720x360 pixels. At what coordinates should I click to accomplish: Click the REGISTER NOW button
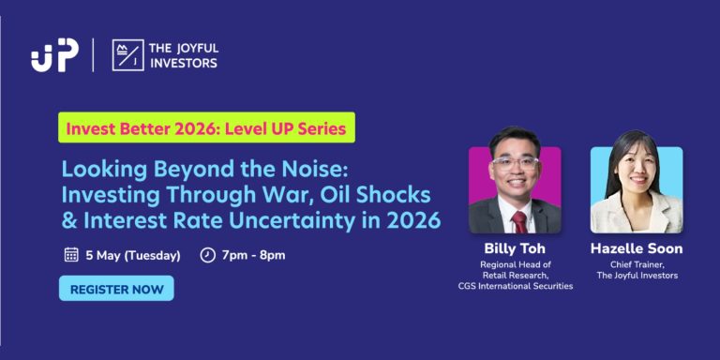(x=116, y=289)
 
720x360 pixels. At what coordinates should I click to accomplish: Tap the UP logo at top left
(x=53, y=55)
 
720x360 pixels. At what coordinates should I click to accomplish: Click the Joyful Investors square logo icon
(x=127, y=55)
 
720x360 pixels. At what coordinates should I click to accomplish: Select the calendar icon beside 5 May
(x=71, y=255)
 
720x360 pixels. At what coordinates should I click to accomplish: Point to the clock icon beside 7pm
(x=208, y=255)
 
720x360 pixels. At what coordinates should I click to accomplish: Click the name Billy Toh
(x=514, y=248)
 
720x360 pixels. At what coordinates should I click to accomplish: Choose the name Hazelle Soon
(x=637, y=248)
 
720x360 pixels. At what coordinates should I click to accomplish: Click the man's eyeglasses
(x=516, y=162)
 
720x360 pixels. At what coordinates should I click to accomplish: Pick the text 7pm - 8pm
(x=254, y=255)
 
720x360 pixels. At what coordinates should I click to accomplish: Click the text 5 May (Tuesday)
(x=130, y=255)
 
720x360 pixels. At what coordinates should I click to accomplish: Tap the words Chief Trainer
(x=637, y=264)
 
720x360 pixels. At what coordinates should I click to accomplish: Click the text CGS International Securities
(x=514, y=286)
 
